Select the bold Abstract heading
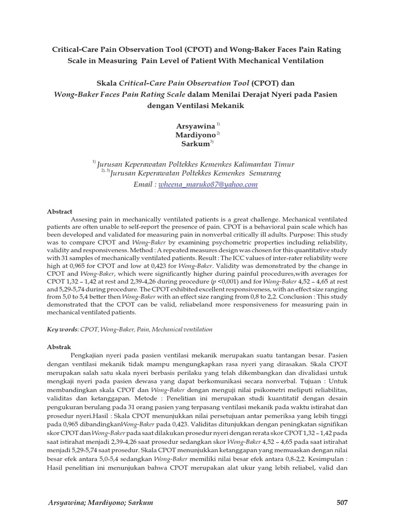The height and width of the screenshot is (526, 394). click(x=60, y=212)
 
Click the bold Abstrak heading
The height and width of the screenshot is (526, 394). click(x=58, y=347)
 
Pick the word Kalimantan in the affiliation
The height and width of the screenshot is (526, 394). click(x=248, y=164)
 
